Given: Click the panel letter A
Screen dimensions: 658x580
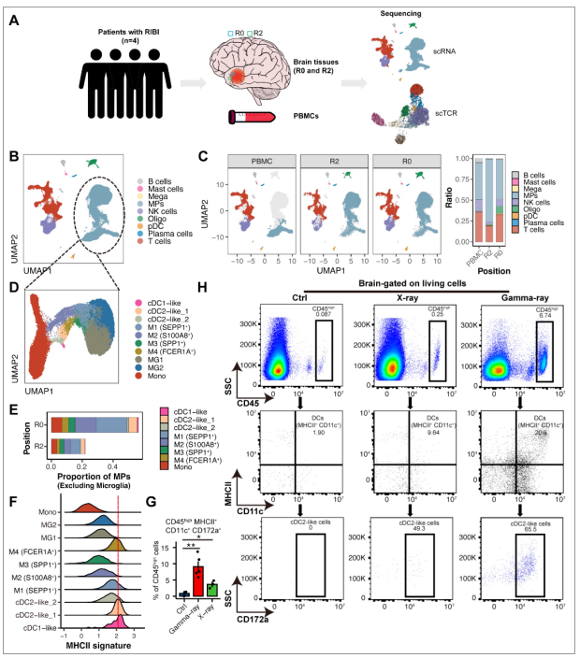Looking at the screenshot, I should pyautogui.click(x=13, y=20).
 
